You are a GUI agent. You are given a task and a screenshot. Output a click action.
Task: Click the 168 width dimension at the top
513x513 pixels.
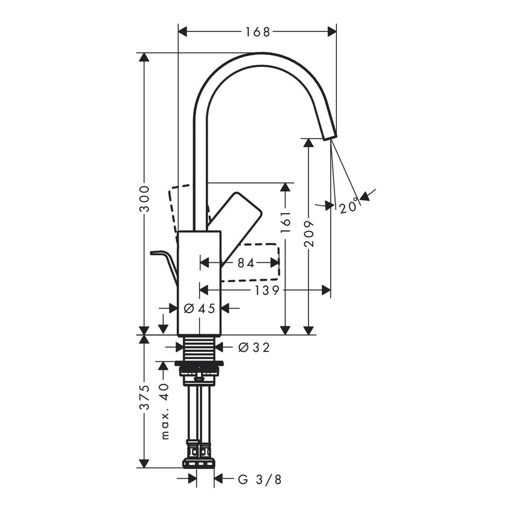257,31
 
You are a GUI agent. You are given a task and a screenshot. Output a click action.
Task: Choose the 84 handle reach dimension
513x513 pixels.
246,263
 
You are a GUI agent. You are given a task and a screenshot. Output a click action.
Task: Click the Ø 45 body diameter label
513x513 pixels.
199,308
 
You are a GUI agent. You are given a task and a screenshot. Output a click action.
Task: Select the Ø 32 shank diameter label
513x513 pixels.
253,347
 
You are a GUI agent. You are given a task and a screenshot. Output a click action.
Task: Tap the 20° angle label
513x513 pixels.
349,206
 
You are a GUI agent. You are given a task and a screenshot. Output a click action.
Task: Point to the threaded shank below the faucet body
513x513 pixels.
199,348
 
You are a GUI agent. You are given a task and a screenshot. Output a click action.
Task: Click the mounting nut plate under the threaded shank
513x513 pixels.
199,364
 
